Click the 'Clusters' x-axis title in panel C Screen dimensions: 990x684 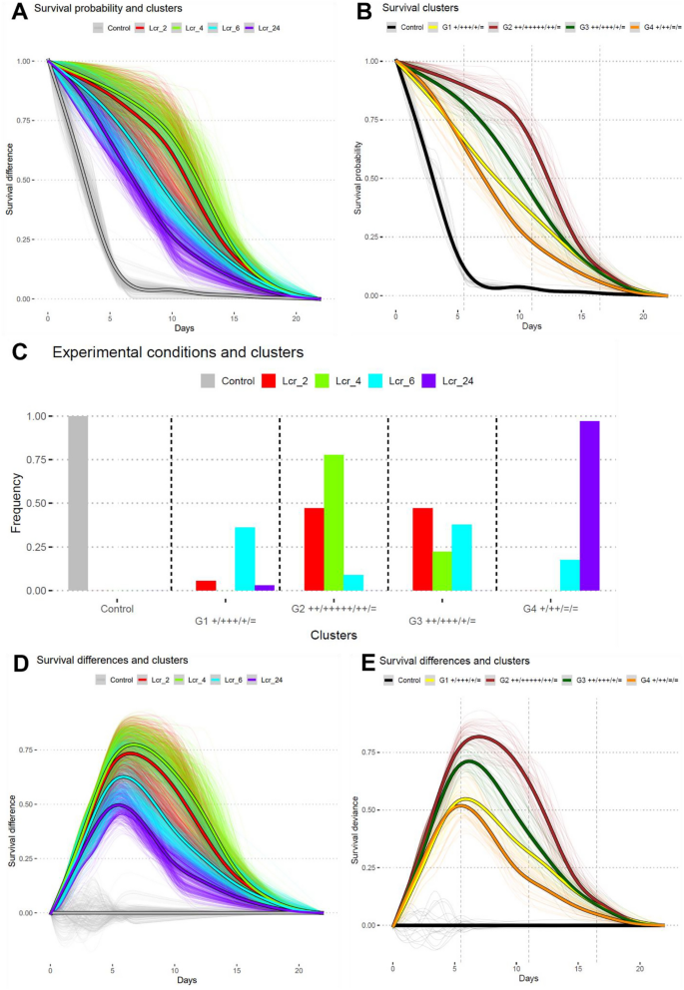click(x=333, y=632)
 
